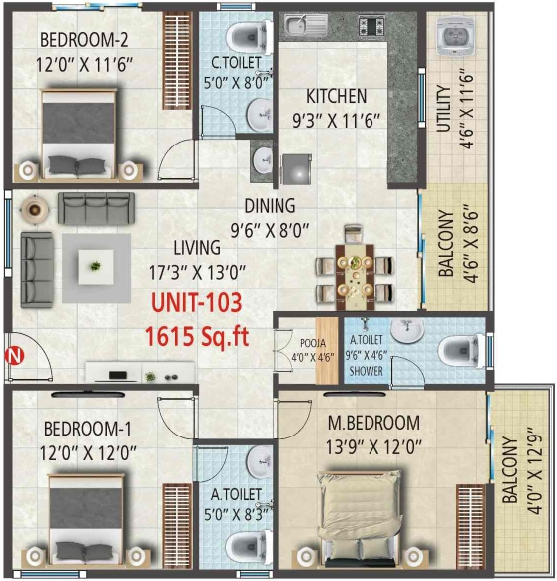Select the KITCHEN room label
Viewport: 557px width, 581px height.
pos(336,97)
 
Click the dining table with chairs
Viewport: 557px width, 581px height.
pos(353,267)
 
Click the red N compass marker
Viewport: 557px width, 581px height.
pos(14,353)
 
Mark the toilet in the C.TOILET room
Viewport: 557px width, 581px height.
pos(244,38)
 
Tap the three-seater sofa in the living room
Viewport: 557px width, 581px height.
pos(91,209)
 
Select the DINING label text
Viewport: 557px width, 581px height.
pos(271,207)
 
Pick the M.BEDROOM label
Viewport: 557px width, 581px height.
pos(374,423)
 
